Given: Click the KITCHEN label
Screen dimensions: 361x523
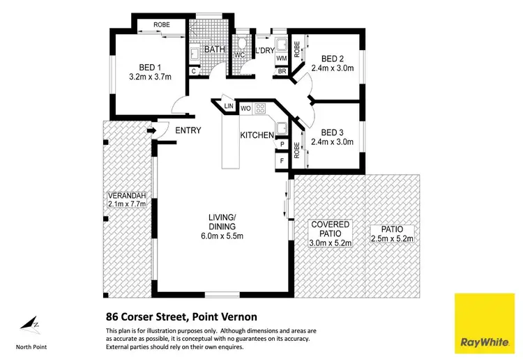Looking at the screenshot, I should [257, 135].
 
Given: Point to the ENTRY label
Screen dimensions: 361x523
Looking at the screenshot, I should [188, 130].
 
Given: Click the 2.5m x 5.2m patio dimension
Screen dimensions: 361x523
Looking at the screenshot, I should [393, 239].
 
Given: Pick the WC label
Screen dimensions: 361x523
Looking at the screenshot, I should [238, 55].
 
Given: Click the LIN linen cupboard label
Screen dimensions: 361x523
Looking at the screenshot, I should [228, 106].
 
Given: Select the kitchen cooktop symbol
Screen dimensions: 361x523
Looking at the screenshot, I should [261, 109].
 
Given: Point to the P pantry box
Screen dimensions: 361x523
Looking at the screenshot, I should [282, 144].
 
